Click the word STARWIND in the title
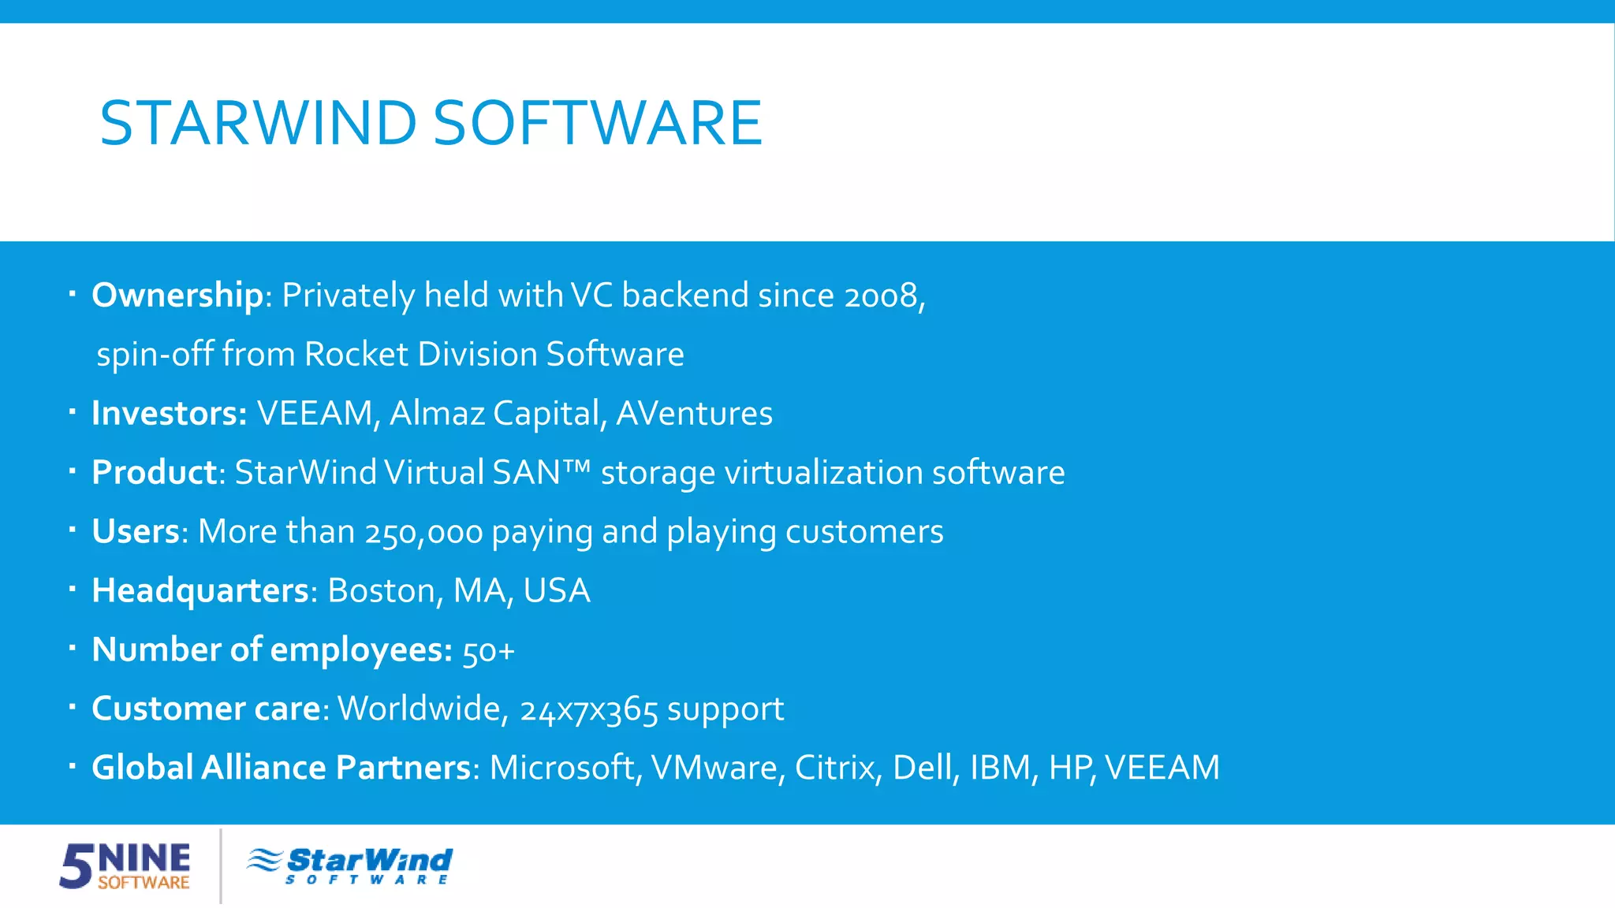pos(258,123)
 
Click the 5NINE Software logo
pos(125,865)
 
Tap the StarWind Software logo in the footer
pos(349,865)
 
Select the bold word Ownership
pos(177,296)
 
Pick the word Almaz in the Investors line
pos(437,414)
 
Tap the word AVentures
pos(694,414)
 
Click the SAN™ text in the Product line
pos(541,473)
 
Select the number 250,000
pos(423,533)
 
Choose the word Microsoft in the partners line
pos(561,768)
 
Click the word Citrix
pos(837,768)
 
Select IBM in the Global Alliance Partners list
pos(1000,768)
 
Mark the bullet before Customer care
pos(72,707)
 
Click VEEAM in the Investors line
pos(315,414)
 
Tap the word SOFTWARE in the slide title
pos(598,123)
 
